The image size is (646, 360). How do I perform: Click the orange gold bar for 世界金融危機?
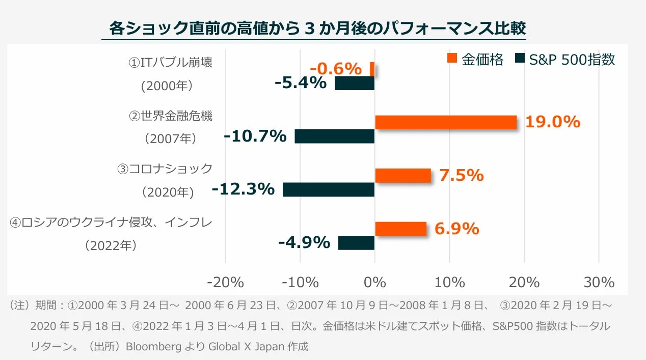click(446, 122)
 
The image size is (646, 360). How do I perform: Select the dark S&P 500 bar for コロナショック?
click(329, 189)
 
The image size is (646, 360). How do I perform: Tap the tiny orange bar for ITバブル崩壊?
click(372, 69)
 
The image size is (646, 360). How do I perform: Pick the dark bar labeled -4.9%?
click(356, 243)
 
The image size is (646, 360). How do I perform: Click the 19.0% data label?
click(553, 122)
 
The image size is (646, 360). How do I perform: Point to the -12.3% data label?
click(243, 189)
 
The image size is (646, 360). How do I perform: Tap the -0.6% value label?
click(336, 69)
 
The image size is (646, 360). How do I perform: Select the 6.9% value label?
click(456, 229)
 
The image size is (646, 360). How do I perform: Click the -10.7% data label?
click(255, 136)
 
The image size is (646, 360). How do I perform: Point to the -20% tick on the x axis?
click(225, 282)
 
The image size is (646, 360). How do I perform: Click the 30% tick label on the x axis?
click(599, 282)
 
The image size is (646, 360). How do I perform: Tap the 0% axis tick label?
click(375, 282)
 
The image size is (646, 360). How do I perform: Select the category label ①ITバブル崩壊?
click(170, 63)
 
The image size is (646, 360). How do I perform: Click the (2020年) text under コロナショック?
click(168, 192)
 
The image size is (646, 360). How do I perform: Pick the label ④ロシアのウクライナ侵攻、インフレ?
click(111, 223)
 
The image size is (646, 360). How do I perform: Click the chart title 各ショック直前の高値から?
click(204, 28)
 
